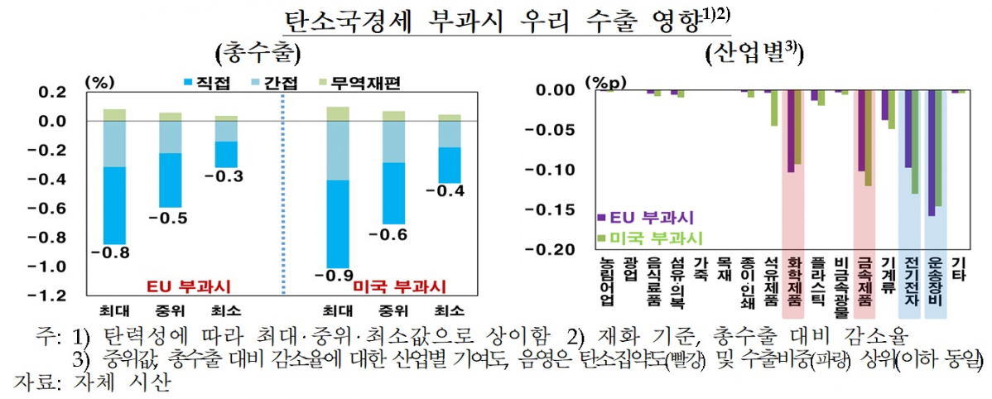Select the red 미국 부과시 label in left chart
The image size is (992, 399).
pyautogui.click(x=399, y=286)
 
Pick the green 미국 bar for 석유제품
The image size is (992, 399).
pyautogui.click(x=773, y=108)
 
